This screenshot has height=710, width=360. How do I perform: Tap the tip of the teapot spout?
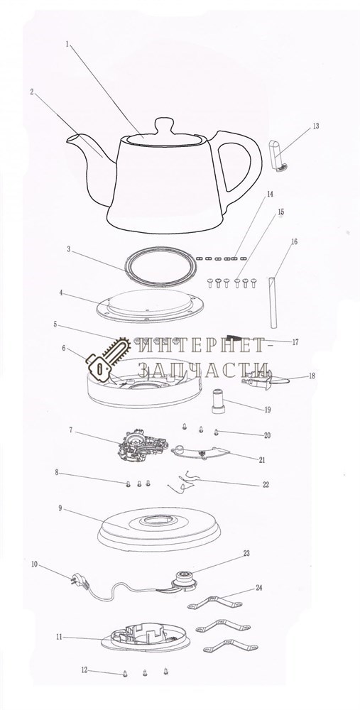point(67,139)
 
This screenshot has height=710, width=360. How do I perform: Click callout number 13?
point(316,126)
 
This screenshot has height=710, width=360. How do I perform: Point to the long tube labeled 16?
point(273,302)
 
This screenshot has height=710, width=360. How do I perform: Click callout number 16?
point(295,242)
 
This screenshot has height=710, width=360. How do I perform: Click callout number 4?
point(60,293)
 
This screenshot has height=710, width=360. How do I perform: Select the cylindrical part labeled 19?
point(218,400)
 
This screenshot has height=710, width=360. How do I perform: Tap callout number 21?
point(262,460)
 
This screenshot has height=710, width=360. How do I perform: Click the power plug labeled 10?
point(77,580)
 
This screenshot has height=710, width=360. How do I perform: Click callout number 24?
point(258,588)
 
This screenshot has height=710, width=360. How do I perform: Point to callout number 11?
point(59,637)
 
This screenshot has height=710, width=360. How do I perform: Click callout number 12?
point(84,670)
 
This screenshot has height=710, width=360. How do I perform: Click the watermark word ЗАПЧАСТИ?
point(203,369)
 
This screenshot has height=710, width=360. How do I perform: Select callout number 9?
point(60,508)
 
